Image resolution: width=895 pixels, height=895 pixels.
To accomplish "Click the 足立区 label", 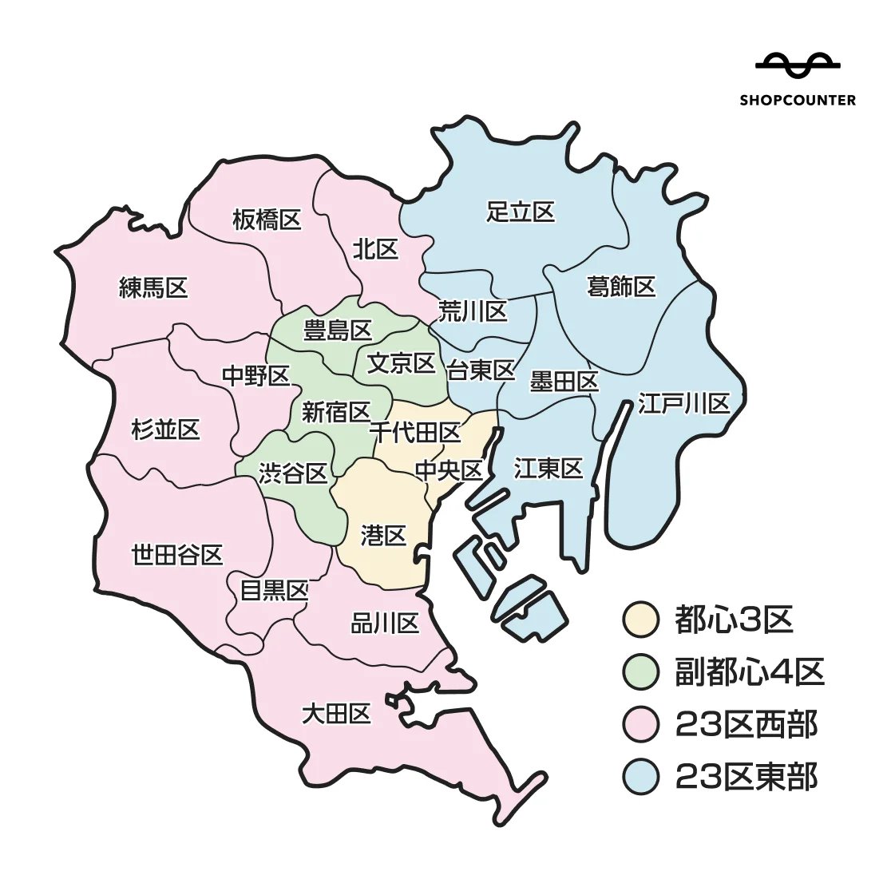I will (521, 212).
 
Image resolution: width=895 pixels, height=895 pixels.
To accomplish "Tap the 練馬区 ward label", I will (153, 287).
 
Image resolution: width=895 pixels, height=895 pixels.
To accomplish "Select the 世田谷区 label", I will (176, 554).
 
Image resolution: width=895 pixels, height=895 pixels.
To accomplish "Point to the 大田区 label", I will (336, 713).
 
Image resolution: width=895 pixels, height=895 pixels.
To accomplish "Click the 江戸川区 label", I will (684, 403).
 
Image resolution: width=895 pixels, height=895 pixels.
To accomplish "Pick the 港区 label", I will (384, 535).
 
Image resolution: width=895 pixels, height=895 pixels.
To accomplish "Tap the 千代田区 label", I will (415, 433).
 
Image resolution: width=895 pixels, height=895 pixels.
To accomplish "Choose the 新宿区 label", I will (336, 412).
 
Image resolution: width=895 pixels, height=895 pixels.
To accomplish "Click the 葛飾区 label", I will (621, 286).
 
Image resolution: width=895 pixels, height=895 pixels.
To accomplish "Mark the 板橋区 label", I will (267, 220).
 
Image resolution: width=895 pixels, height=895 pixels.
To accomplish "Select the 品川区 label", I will (385, 623).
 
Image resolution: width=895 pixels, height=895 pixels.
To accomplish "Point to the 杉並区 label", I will (165, 430).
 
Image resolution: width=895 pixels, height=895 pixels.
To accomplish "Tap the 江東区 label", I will (548, 468).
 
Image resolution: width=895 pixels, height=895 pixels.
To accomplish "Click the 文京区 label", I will (401, 363).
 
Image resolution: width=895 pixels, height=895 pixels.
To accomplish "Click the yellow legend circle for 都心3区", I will (640, 620).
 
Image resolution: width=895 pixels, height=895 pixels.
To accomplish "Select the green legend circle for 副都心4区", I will (640, 672).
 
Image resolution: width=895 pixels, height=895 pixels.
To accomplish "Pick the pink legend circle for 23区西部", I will (640, 724).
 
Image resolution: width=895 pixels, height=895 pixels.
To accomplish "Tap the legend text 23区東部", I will (746, 776).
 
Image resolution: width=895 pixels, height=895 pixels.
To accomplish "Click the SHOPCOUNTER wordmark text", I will (797, 101).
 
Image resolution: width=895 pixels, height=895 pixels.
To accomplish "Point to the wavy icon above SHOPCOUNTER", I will (797, 65).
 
